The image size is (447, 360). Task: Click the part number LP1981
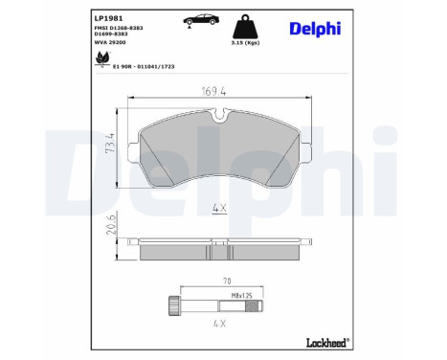[108, 18]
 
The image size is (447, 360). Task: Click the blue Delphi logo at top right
[315, 29]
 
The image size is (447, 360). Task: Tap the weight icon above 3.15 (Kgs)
[245, 26]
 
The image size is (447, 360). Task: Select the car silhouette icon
[201, 20]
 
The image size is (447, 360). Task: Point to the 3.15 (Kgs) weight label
[245, 43]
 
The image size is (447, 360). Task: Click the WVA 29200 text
[110, 42]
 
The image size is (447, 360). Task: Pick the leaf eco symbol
[102, 58]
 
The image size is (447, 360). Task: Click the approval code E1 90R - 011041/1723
[144, 66]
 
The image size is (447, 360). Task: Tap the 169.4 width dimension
[213, 92]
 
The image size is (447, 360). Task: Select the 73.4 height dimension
[110, 143]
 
